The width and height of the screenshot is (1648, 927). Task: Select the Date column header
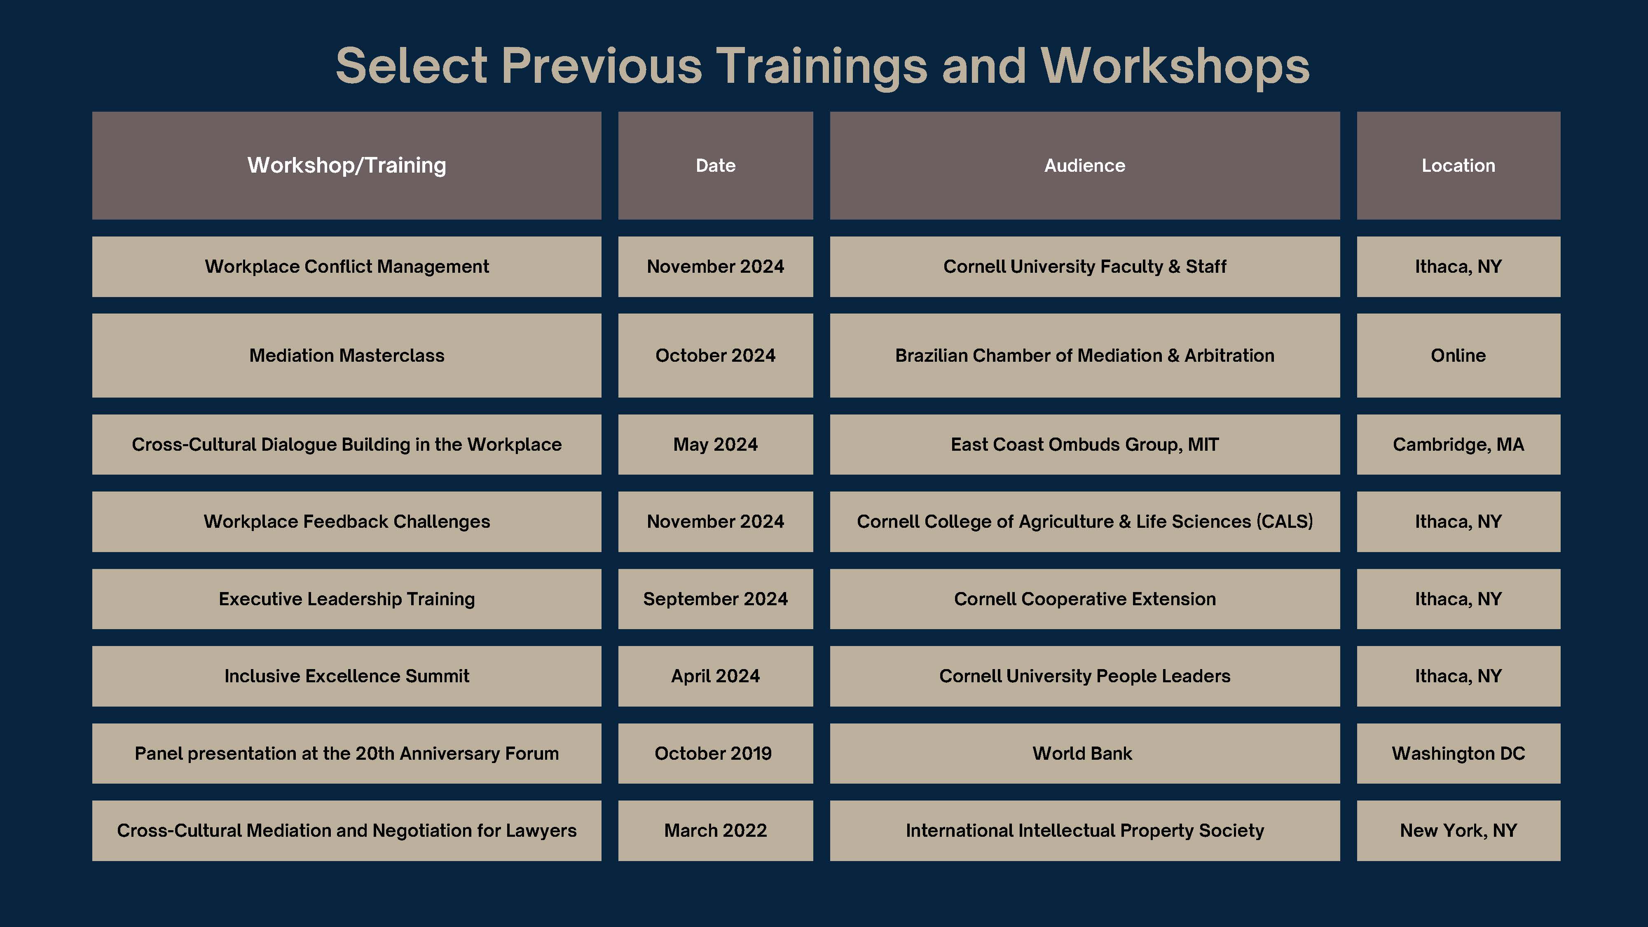pyautogui.click(x=715, y=166)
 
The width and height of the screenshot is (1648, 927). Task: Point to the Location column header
pyautogui.click(x=1458, y=166)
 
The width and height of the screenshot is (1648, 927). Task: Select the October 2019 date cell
pyautogui.click(x=715, y=753)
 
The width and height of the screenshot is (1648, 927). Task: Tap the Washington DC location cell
pyautogui.click(x=1458, y=753)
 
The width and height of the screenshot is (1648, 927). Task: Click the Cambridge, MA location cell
pyautogui.click(x=1458, y=445)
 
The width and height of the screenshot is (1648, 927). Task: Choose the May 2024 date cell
pyautogui.click(x=715, y=445)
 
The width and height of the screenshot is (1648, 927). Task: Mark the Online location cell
pyautogui.click(x=1458, y=355)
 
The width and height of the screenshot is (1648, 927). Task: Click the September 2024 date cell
pyautogui.click(x=715, y=599)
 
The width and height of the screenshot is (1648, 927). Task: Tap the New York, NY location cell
pyautogui.click(x=1458, y=831)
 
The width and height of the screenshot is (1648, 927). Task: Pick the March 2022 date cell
pyautogui.click(x=715, y=831)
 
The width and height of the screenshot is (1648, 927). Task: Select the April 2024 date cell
pyautogui.click(x=715, y=676)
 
